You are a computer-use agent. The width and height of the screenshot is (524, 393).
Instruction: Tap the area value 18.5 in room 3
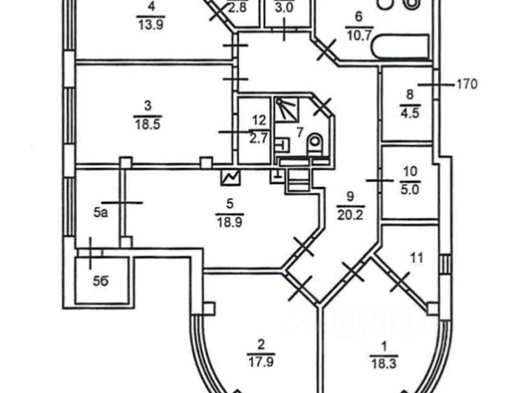point(147,122)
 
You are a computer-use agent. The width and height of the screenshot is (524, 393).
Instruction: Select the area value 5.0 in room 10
point(411,187)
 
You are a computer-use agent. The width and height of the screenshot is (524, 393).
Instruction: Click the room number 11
point(416,259)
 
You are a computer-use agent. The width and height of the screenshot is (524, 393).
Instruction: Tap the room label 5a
point(101,214)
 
